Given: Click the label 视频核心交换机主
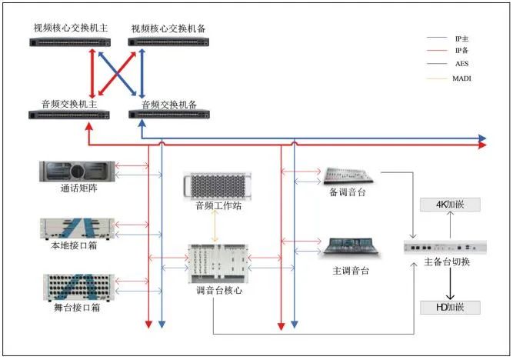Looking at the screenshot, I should [x=70, y=28].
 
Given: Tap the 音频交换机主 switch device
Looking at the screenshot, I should [x=70, y=115].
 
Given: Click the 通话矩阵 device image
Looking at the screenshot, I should [x=78, y=171].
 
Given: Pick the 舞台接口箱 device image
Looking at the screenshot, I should [x=78, y=285].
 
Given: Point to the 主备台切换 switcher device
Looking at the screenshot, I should [x=445, y=248].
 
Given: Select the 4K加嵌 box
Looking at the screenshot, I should [x=450, y=205].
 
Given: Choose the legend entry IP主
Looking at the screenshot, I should [x=461, y=37].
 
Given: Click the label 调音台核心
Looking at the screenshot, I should [x=218, y=290].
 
